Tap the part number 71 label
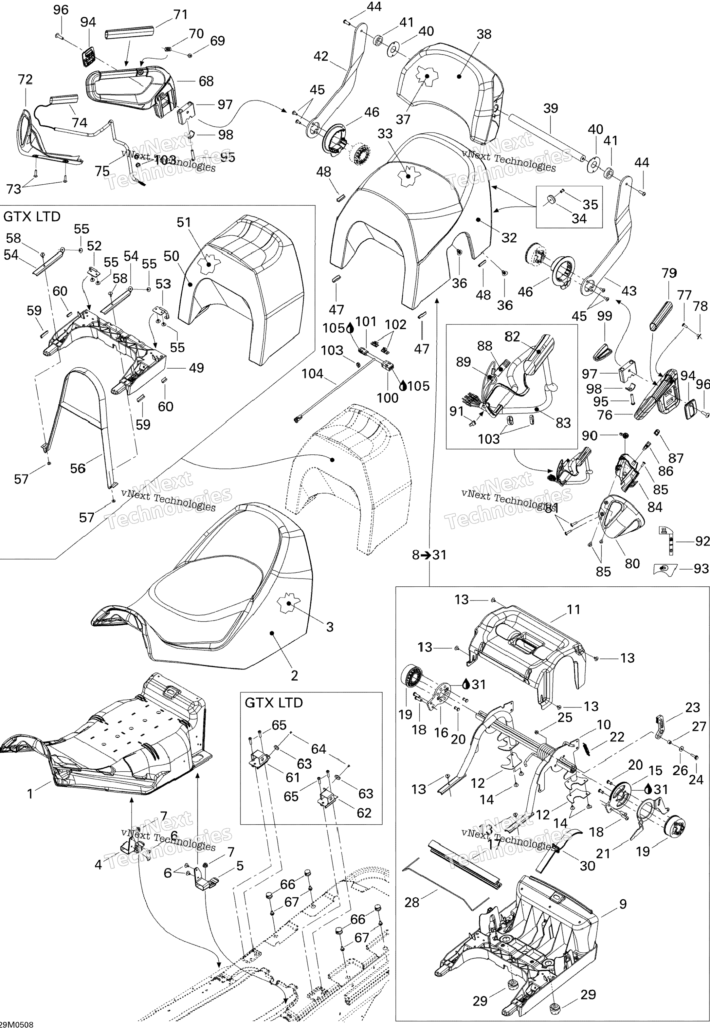tap(180, 15)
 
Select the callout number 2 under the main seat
tap(294, 675)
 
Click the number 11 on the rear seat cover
tap(574, 609)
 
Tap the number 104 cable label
tap(312, 374)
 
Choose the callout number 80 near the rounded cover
tap(632, 563)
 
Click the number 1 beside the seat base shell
tap(30, 793)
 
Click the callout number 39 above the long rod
tap(551, 109)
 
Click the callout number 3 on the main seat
tap(330, 627)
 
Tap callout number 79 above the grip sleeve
tap(669, 273)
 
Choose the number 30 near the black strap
tap(587, 865)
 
